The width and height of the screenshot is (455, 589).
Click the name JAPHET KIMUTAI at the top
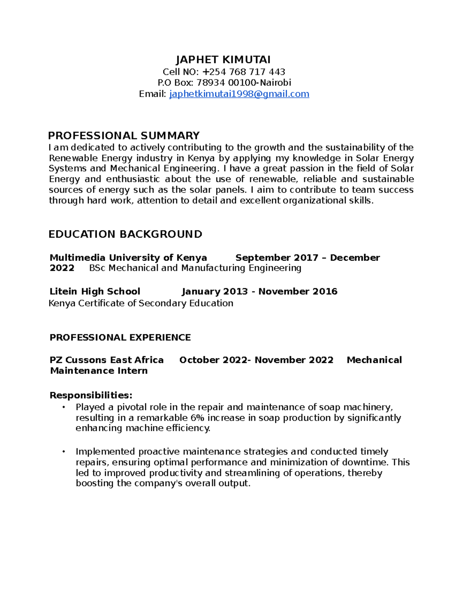(x=223, y=60)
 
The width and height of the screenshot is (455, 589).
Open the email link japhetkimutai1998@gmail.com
(x=239, y=94)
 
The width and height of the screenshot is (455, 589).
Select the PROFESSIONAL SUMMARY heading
(x=124, y=135)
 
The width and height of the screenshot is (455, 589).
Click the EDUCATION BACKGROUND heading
(x=125, y=234)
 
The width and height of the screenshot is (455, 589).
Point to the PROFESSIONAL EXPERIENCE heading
(x=120, y=337)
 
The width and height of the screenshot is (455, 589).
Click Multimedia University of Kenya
(x=128, y=258)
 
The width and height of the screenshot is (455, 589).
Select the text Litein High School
(x=95, y=291)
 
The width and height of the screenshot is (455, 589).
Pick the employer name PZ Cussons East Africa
(x=107, y=360)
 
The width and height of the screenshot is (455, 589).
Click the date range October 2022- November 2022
(x=256, y=360)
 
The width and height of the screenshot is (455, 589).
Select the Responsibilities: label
(x=91, y=395)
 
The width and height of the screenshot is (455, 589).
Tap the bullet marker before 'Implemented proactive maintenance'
(x=64, y=451)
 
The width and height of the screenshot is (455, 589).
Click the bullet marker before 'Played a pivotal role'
(x=64, y=407)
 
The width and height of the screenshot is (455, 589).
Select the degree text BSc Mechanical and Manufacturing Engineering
(x=195, y=268)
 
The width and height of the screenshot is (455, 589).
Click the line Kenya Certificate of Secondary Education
(x=141, y=303)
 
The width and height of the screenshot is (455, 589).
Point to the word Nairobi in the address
(x=275, y=83)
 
